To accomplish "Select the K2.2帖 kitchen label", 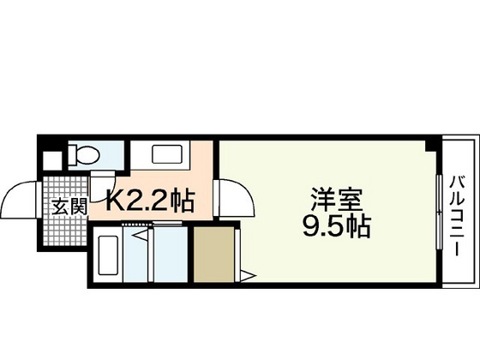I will point(151,203).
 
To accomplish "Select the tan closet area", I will point(215,253).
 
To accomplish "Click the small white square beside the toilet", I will point(51,160).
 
